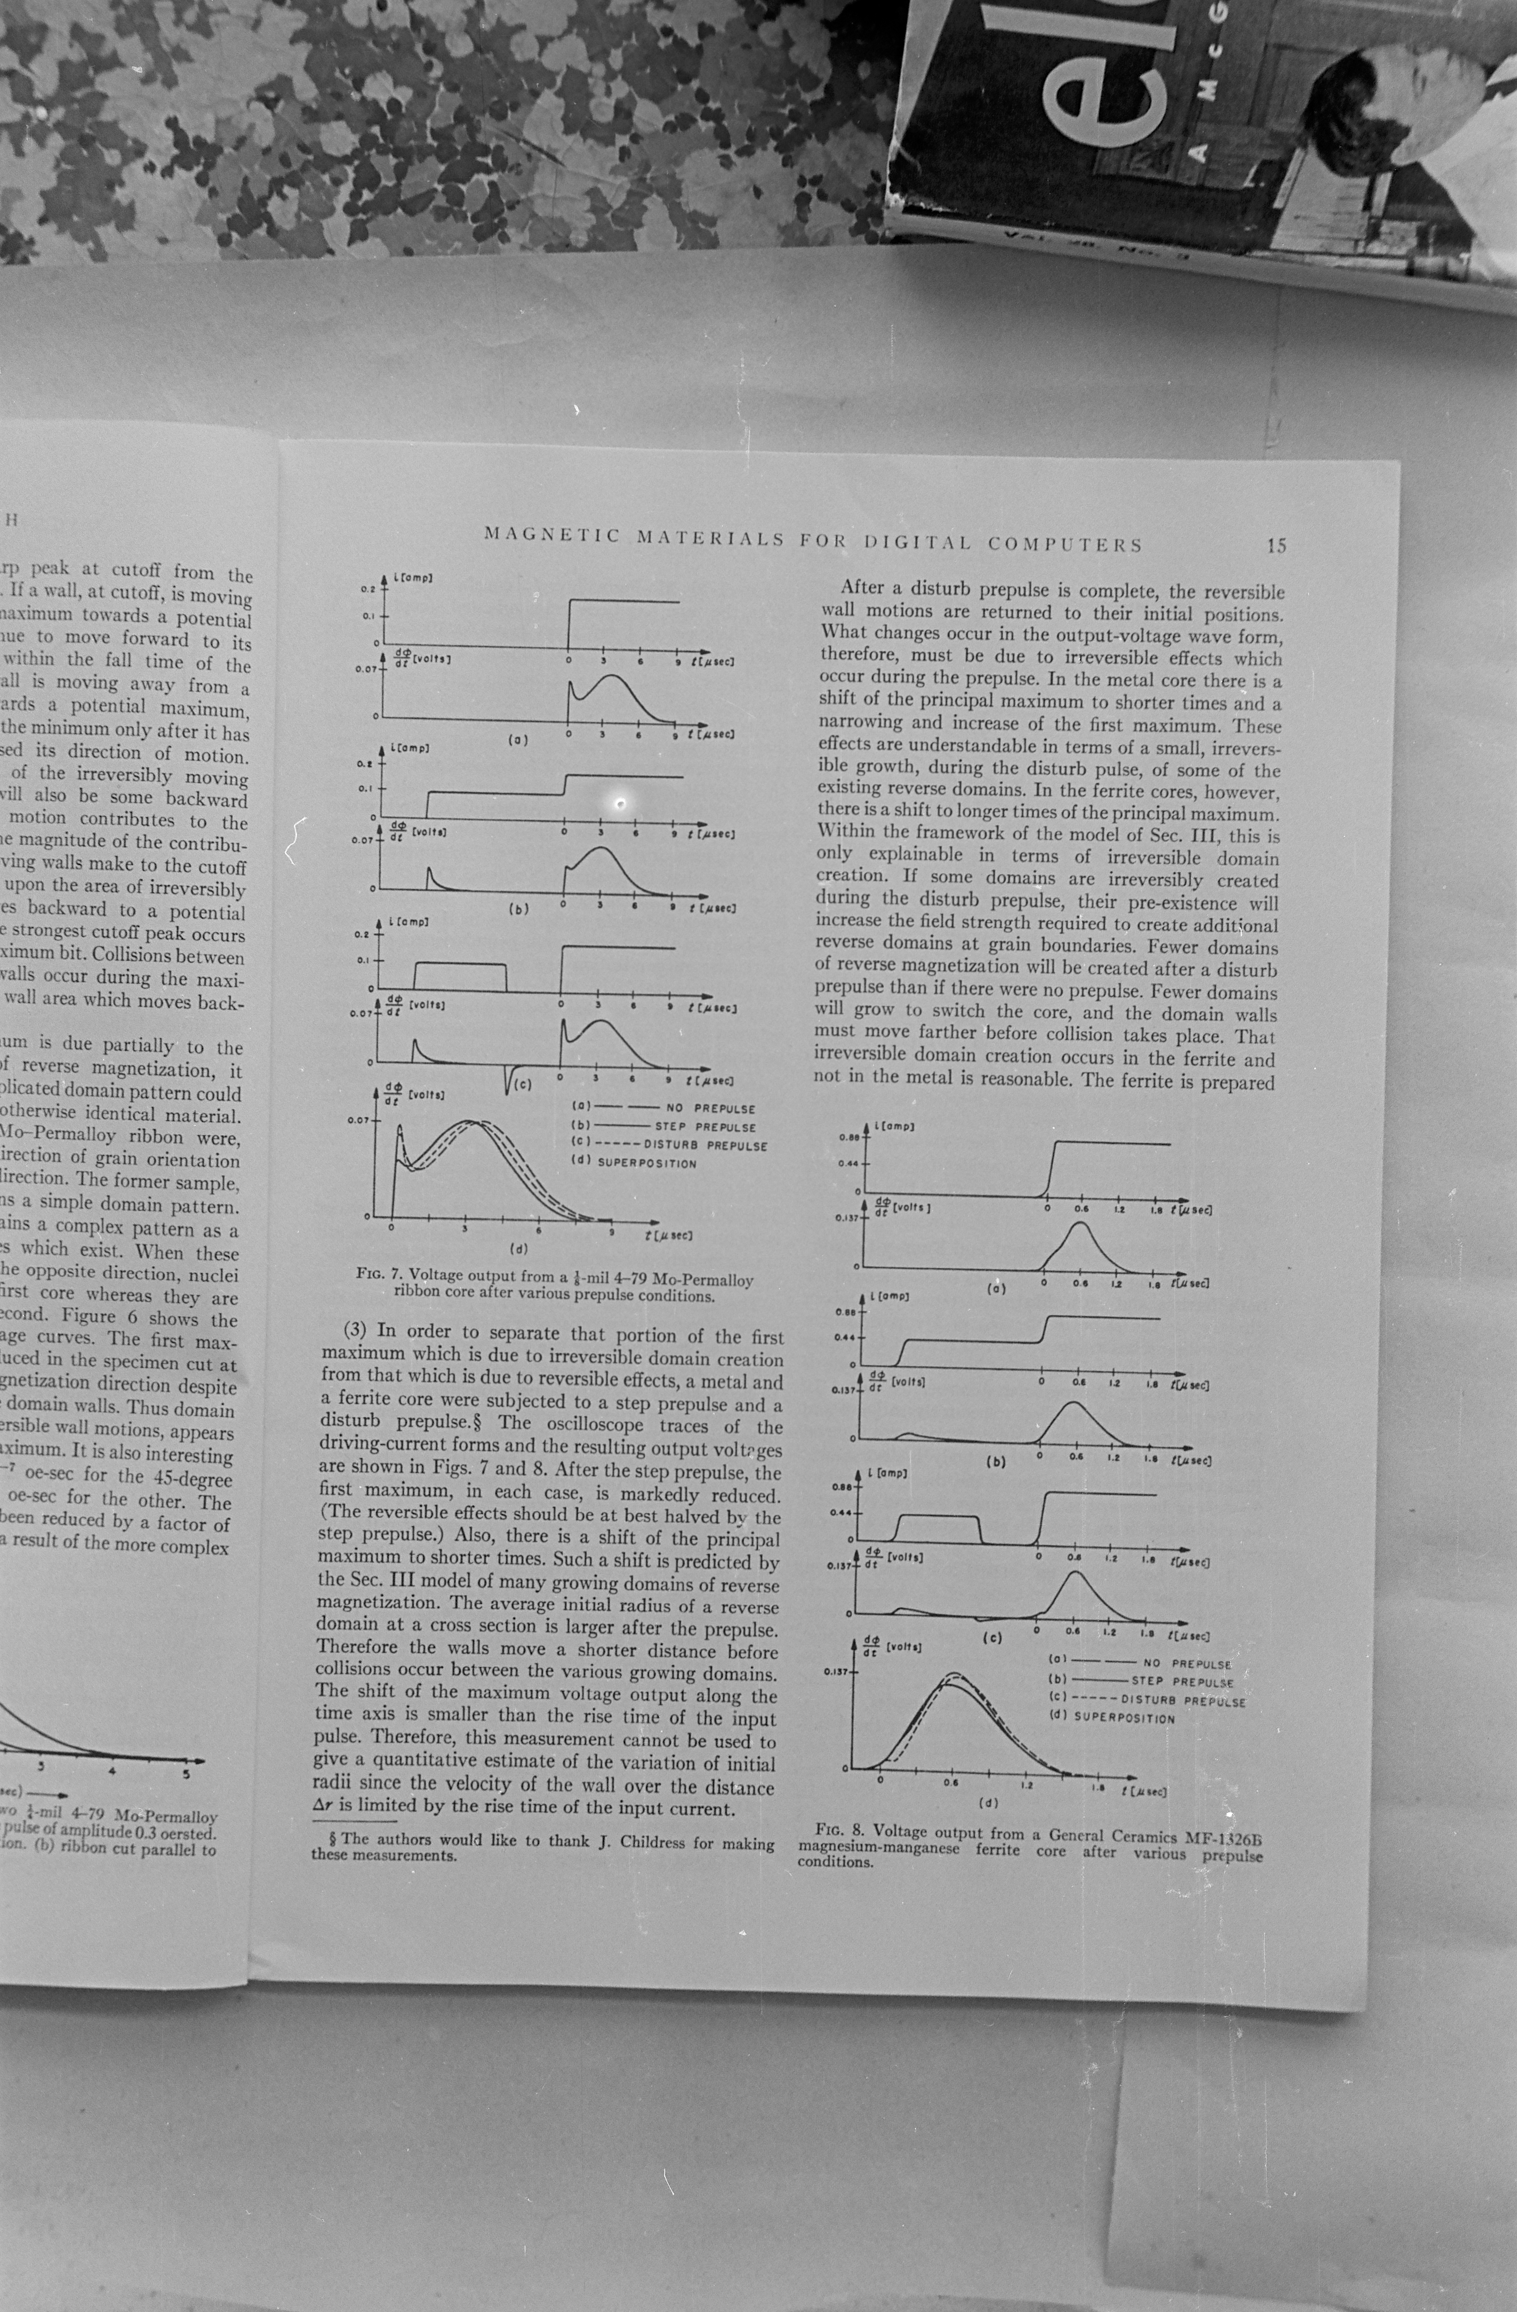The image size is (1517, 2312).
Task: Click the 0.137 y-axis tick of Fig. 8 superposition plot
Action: coord(836,1673)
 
